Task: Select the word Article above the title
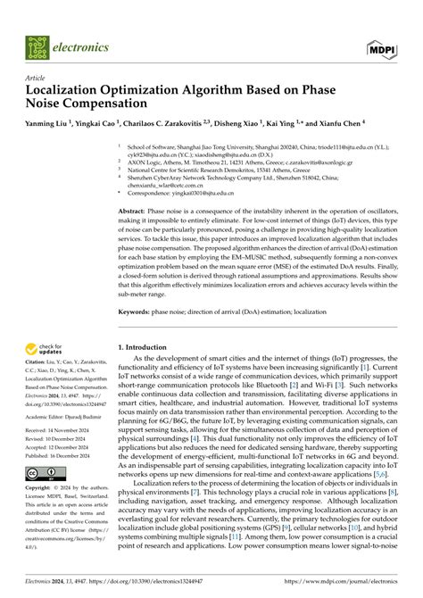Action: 37,78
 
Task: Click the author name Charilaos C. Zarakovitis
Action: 178,124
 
